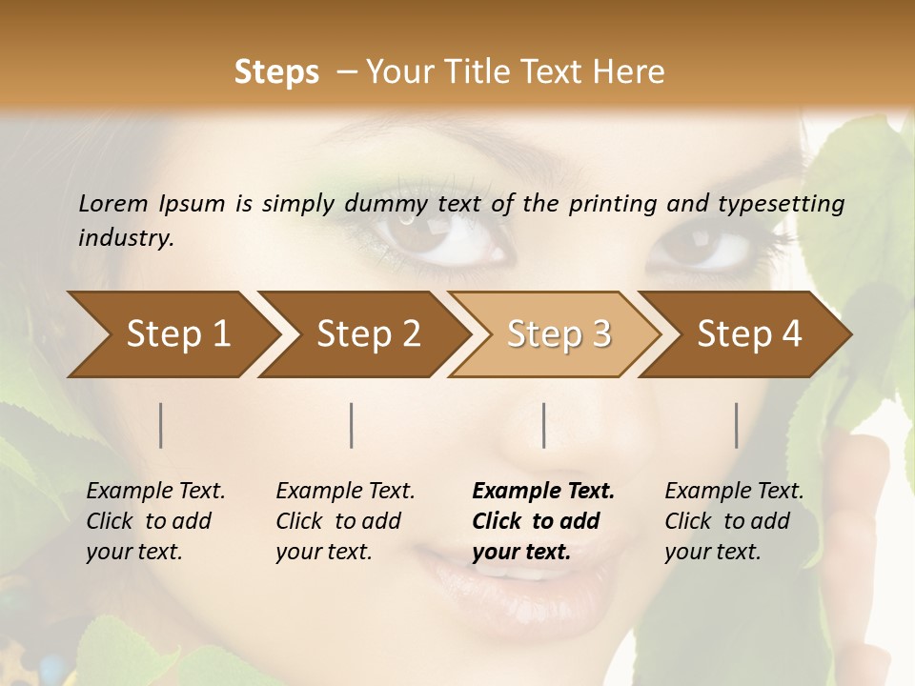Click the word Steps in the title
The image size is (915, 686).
click(x=276, y=72)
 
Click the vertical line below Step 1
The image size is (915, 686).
click(x=161, y=425)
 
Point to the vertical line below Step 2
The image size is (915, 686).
click(x=352, y=425)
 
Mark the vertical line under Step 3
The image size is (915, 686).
click(x=543, y=425)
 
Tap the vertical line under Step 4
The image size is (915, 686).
click(x=736, y=425)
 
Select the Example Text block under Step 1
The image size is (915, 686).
click(x=154, y=521)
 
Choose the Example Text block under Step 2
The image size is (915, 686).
click(x=344, y=521)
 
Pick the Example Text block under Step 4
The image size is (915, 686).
click(x=733, y=521)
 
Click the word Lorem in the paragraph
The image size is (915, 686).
click(x=112, y=204)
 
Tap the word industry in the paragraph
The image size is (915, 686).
click(x=125, y=237)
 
